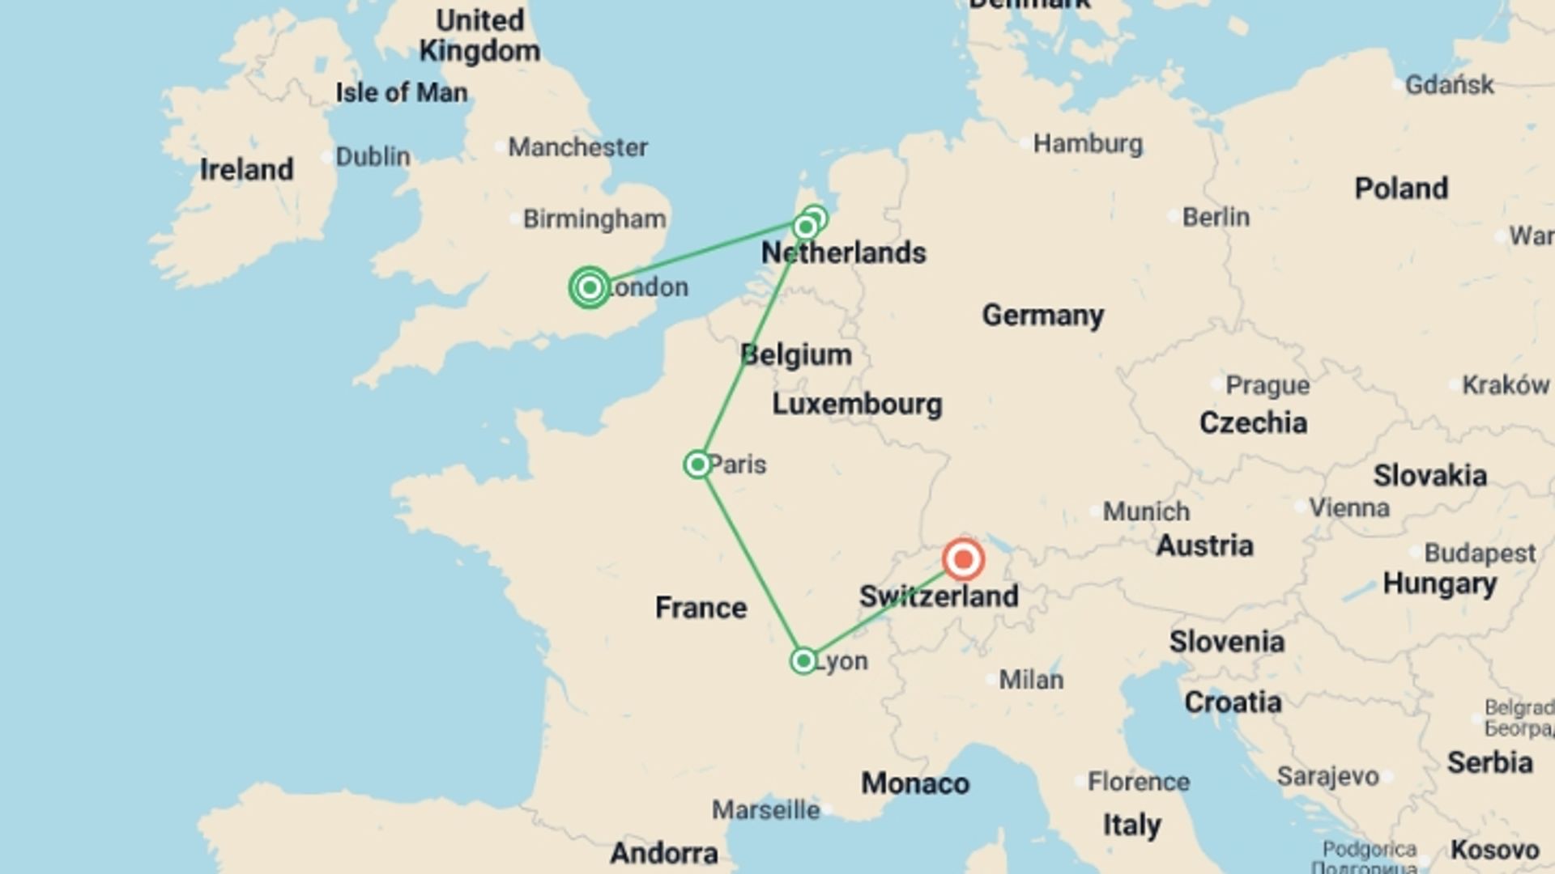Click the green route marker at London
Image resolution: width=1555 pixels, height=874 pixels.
(x=590, y=287)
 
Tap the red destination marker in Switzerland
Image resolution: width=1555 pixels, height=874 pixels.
(x=963, y=559)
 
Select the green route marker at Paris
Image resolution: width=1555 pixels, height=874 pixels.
(x=697, y=465)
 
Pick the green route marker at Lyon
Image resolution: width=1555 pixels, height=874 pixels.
(x=803, y=661)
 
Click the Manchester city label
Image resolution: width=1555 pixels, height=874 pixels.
(x=577, y=147)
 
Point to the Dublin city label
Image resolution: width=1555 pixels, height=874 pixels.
(x=373, y=156)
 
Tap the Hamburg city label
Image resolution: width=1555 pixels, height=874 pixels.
(x=1088, y=144)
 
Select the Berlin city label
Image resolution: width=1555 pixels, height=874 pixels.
(x=1216, y=217)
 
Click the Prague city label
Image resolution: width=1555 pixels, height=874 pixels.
(x=1267, y=385)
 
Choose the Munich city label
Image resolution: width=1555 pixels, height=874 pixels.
(x=1146, y=511)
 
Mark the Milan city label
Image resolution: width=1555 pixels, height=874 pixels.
(x=1031, y=680)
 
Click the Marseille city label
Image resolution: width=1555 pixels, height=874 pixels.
(x=765, y=809)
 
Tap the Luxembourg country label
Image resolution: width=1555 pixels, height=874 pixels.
(x=857, y=404)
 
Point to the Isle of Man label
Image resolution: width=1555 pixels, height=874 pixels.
(x=402, y=92)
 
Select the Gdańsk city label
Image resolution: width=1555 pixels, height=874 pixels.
(x=1449, y=84)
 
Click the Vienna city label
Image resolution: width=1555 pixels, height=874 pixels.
(x=1349, y=507)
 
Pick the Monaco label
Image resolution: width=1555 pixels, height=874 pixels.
(x=915, y=783)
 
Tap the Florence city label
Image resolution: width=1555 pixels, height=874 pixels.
(x=1138, y=782)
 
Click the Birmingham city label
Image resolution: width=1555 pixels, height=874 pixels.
(x=594, y=218)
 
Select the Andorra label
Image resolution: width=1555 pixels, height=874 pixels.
(x=664, y=853)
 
